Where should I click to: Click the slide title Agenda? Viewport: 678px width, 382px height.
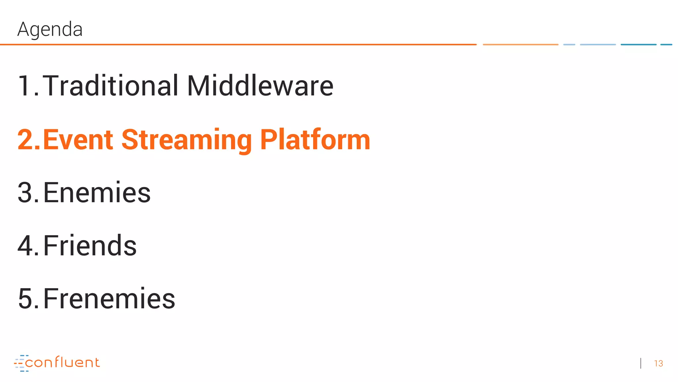(50, 29)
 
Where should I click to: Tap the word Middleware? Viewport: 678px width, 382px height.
(260, 86)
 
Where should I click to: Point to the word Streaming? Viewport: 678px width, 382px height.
(186, 140)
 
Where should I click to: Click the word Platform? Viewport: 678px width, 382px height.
(315, 140)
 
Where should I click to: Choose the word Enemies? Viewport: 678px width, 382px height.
(97, 193)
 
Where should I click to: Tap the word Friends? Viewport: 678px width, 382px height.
(90, 246)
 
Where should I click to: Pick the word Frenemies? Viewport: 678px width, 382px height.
(109, 299)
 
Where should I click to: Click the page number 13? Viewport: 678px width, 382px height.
(658, 363)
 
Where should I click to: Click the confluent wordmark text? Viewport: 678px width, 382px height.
(62, 362)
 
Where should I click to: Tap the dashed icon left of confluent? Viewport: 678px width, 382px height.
(20, 363)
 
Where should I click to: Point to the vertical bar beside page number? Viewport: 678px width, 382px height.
(641, 363)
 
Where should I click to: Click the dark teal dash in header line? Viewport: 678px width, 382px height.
(638, 44)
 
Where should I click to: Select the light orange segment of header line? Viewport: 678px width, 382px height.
(520, 44)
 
